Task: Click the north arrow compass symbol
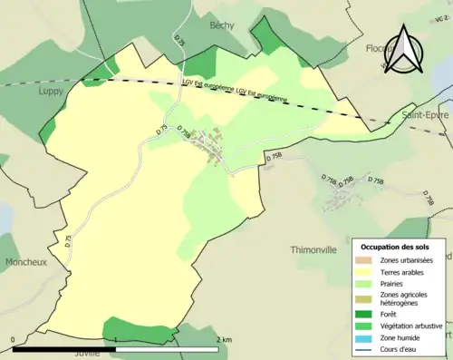(403, 49)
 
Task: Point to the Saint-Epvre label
(423, 116)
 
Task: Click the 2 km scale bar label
(223, 340)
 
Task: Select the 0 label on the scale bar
(14, 340)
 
